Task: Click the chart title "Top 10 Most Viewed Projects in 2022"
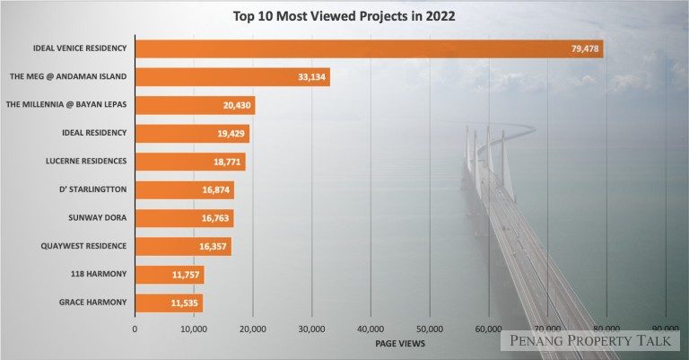pyautogui.click(x=344, y=15)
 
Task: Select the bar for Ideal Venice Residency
pyautogui.click(x=368, y=48)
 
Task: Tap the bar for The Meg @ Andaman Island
pyautogui.click(x=231, y=77)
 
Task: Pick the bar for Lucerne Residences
pyautogui.click(x=189, y=162)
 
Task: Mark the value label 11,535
pyautogui.click(x=184, y=303)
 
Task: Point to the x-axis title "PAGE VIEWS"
pyautogui.click(x=400, y=343)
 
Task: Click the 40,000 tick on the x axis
pyautogui.click(x=371, y=329)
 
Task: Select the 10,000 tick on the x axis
pyautogui.click(x=193, y=329)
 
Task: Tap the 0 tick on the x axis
pyautogui.click(x=135, y=329)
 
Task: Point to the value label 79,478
pyautogui.click(x=584, y=48)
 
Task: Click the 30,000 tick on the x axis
pyautogui.click(x=311, y=329)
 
